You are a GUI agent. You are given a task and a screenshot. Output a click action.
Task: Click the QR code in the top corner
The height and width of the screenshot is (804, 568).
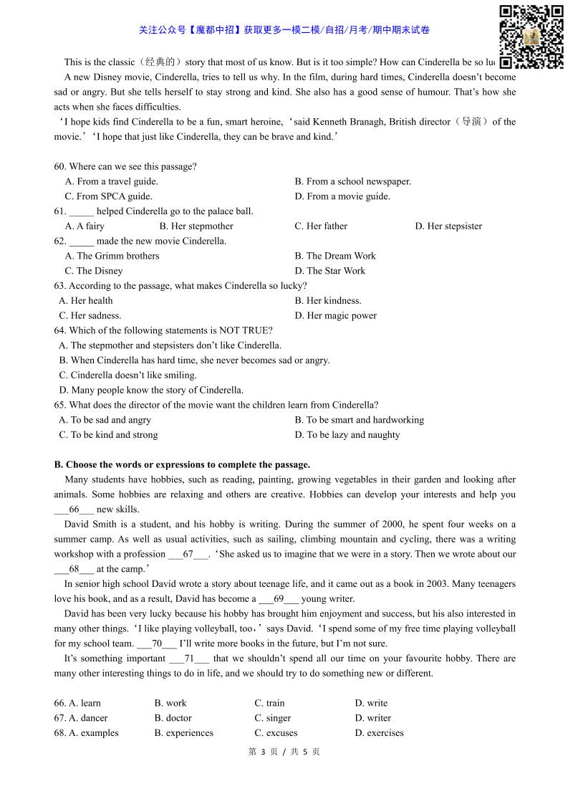(531, 37)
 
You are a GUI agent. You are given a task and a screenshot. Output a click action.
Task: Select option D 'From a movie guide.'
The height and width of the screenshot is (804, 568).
(342, 196)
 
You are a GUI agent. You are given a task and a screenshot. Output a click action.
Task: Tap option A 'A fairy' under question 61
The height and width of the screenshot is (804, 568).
(85, 226)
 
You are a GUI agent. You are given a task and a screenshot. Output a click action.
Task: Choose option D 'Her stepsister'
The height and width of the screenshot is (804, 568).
(448, 226)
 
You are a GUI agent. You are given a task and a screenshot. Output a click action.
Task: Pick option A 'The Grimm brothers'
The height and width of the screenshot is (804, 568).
(112, 256)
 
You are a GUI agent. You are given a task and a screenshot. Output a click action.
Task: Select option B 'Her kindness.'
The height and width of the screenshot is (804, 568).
(328, 301)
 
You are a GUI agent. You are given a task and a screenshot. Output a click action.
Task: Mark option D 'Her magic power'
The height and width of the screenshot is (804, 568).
(335, 315)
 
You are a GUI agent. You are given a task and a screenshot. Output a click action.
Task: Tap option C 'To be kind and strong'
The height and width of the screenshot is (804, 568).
(108, 435)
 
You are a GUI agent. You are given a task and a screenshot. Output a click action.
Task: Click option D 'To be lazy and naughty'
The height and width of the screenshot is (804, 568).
(347, 435)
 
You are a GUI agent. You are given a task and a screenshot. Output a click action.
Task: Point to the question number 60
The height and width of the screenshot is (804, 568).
(60, 167)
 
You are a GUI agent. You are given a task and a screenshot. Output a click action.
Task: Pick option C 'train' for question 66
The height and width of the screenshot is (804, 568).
(269, 703)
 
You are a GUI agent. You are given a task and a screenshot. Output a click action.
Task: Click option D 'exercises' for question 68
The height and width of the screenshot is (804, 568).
(379, 733)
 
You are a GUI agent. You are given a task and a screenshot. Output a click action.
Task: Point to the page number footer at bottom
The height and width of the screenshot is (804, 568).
(284, 752)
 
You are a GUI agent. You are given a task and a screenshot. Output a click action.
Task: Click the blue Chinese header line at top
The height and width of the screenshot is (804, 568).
(284, 30)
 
